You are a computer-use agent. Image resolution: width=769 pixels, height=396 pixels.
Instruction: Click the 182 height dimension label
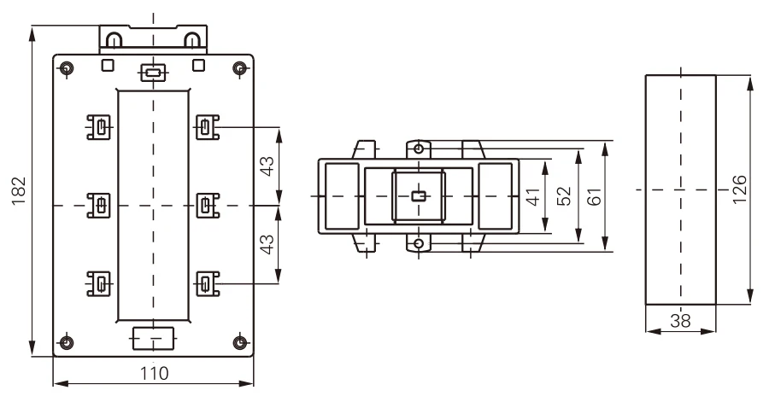tap(18, 190)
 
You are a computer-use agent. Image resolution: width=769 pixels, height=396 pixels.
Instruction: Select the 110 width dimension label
tap(155, 374)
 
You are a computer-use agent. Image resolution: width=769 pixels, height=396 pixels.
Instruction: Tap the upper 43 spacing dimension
tap(267, 166)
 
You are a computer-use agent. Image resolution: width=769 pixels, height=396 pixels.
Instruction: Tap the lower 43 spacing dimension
tap(267, 245)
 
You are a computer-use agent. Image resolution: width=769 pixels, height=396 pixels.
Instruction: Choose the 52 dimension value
tap(564, 196)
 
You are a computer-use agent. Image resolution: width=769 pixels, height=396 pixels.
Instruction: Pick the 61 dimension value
tap(594, 196)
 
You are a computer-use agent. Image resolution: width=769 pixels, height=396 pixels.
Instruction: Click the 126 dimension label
tap(739, 189)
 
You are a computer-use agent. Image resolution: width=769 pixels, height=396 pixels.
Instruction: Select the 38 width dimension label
tap(680, 321)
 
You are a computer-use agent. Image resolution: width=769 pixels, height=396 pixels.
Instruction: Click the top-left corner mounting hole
tap(67, 68)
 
